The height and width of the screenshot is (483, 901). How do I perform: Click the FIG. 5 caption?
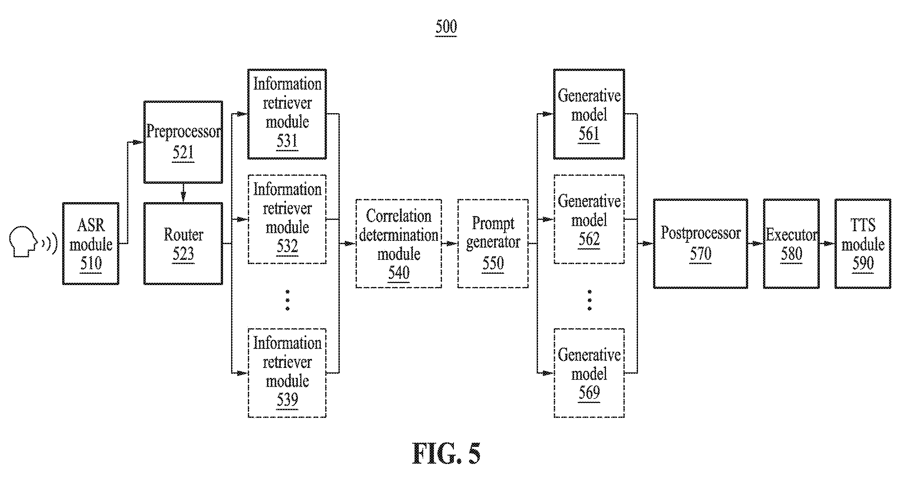point(446,453)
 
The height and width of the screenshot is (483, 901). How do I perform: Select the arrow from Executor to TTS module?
point(827,243)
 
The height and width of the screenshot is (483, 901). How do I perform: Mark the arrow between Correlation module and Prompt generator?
point(450,243)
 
